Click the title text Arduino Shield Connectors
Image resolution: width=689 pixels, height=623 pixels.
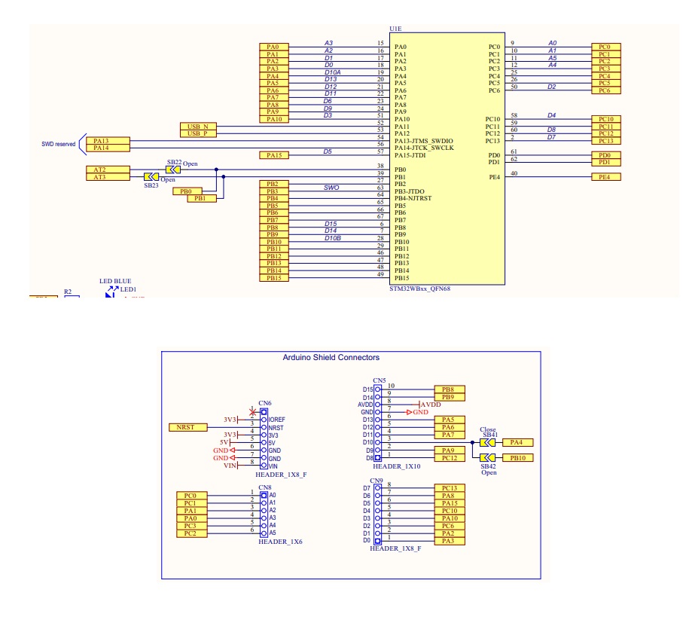(331, 358)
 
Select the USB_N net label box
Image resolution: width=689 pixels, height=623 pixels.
(197, 126)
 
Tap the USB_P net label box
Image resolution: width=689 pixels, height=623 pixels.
(197, 133)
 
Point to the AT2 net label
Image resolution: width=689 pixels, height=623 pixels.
(99, 169)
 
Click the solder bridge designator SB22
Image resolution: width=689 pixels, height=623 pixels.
(174, 162)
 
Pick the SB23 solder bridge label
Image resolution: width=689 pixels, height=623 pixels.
(152, 185)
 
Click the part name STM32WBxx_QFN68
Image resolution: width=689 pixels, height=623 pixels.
(415, 289)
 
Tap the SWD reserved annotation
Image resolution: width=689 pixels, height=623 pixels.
(59, 144)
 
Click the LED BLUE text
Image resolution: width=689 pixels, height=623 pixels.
(115, 281)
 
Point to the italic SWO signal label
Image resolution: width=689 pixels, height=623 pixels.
(331, 188)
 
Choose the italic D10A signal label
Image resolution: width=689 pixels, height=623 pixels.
(333, 72)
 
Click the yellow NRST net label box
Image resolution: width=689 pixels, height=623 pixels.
(185, 427)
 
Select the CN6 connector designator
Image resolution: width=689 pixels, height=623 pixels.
(264, 404)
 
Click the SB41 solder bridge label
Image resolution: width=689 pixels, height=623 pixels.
(489, 435)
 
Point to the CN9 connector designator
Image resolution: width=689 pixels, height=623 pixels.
(377, 481)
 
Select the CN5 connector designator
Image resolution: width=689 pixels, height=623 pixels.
(380, 381)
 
